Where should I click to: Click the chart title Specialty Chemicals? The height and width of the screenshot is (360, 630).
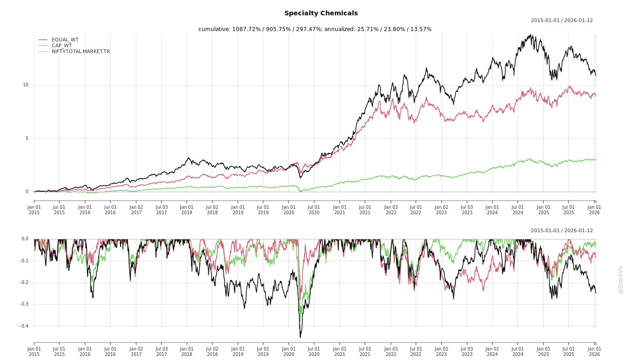coord(321,13)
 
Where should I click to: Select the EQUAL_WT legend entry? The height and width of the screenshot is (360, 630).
coord(65,40)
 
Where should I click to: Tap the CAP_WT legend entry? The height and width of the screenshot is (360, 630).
coord(61,45)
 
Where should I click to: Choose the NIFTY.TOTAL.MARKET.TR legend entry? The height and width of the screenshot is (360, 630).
coord(81,51)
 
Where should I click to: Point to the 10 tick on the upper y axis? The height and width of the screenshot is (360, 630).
coord(26,85)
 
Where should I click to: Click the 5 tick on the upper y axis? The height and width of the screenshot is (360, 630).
coord(27,139)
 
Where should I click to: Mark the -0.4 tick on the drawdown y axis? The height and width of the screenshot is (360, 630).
coord(24,326)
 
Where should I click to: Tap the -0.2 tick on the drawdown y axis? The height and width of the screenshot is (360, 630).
coord(24,283)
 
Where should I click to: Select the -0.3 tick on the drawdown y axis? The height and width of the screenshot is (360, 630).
coord(24,304)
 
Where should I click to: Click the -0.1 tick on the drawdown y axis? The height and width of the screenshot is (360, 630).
coord(24,261)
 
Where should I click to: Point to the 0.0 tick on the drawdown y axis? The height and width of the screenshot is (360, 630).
coord(25,239)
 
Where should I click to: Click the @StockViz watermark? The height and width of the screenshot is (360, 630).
coord(621,280)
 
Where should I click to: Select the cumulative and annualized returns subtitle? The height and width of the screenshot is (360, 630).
coord(315,29)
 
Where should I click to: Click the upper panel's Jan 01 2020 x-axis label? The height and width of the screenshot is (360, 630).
coord(289,210)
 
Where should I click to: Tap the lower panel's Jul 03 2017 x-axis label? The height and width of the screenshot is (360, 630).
coord(162,351)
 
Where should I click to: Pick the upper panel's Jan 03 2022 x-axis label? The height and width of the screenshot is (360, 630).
coord(391,210)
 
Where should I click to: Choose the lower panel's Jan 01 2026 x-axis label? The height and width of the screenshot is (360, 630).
coord(594,351)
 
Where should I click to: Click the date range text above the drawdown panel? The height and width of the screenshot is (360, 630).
coord(562,230)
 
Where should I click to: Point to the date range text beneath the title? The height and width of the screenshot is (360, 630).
coord(562,20)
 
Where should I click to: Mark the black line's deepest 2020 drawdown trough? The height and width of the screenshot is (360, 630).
coord(300,337)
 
